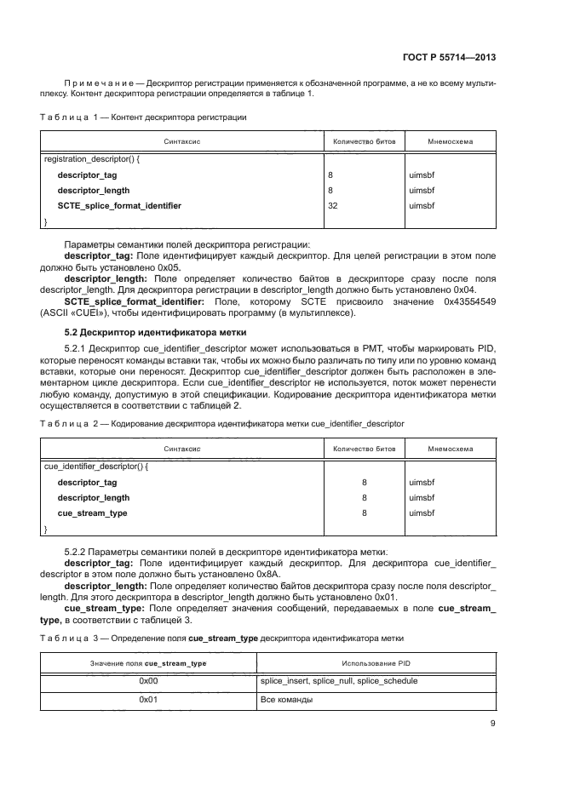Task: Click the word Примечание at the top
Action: (x=103, y=83)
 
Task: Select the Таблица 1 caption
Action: (x=144, y=117)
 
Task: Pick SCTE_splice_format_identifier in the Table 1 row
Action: (x=119, y=206)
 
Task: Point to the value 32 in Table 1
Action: (x=333, y=206)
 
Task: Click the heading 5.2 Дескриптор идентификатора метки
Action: (x=156, y=332)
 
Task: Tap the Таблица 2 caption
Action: (x=222, y=422)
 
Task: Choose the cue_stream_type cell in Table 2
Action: (x=92, y=513)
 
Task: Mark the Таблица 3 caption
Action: (x=222, y=638)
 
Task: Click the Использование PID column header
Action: (x=376, y=662)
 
